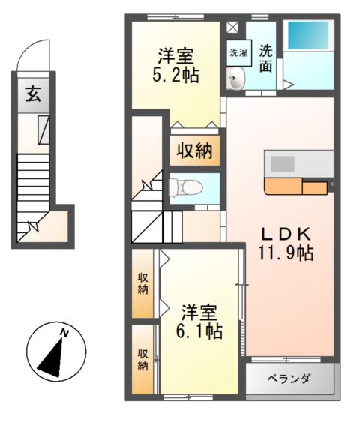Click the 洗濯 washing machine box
238,53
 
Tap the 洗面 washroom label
266,58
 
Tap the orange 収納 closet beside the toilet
194,151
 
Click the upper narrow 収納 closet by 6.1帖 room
142,283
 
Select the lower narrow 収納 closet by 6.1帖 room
142,360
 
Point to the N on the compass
65,332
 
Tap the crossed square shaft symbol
232,28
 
